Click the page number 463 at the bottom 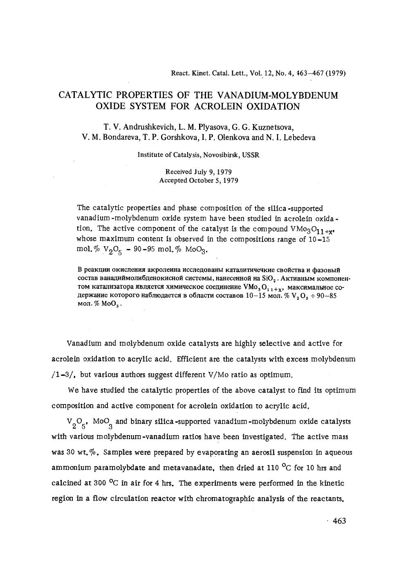click(339, 521)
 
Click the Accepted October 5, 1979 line click(198, 180)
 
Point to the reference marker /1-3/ click(64, 375)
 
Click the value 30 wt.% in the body click(82, 452)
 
